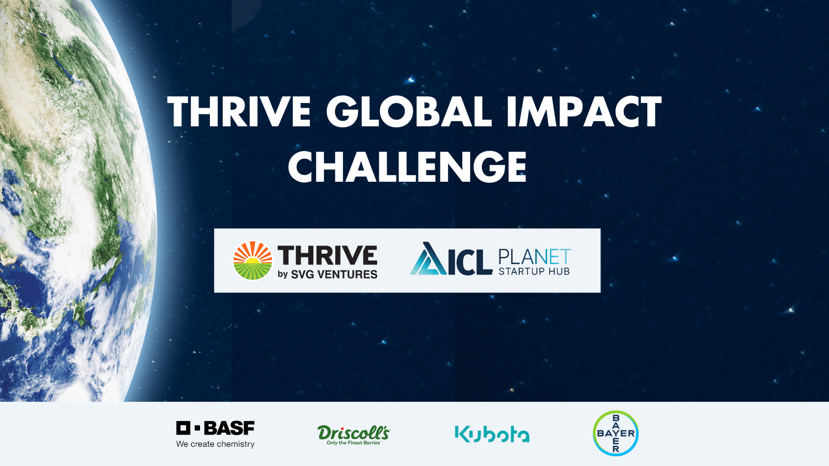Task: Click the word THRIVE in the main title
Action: (x=239, y=111)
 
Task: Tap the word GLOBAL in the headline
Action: (x=409, y=111)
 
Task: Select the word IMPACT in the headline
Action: (x=584, y=111)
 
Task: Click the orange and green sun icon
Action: (x=253, y=260)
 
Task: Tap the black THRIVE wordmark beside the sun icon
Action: (x=327, y=255)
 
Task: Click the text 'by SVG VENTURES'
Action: (x=327, y=274)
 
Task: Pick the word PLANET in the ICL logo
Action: (x=535, y=256)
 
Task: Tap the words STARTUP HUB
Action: (x=534, y=271)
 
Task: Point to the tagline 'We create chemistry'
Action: (x=216, y=444)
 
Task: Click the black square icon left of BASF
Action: (x=183, y=428)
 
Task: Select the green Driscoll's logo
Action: (x=353, y=434)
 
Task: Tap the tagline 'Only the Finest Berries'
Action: (x=353, y=443)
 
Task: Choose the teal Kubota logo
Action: (x=492, y=434)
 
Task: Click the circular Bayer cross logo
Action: (x=616, y=433)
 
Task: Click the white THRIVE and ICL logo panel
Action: (x=407, y=260)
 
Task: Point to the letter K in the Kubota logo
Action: (x=462, y=434)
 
